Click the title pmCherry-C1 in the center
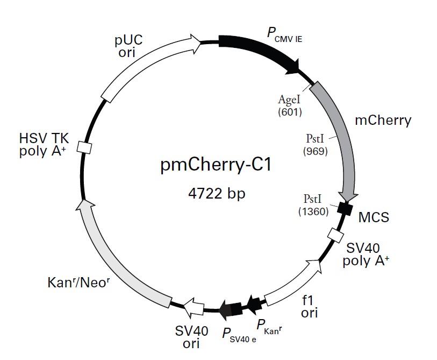coord(213,165)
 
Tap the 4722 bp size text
coord(213,192)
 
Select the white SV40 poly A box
coord(335,235)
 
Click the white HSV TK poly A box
coord(83,147)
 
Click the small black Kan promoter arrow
coord(254,302)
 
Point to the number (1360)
coord(313,211)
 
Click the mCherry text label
coord(383,119)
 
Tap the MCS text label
coord(374,217)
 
